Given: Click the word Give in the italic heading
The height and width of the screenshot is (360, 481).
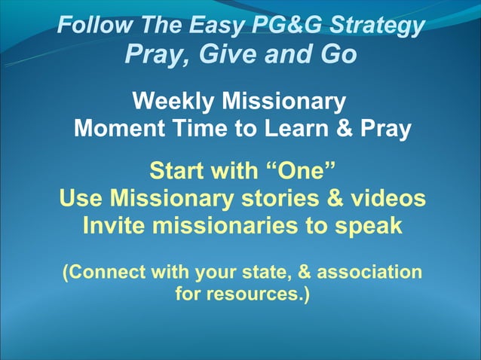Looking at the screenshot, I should click(x=218, y=54).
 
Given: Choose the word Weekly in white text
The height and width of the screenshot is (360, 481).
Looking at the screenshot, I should click(x=172, y=100).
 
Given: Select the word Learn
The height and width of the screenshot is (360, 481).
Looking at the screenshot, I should click(x=293, y=128).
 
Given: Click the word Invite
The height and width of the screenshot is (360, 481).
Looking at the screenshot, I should click(x=117, y=226).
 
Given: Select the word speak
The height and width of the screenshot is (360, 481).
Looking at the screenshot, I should click(x=366, y=226).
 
